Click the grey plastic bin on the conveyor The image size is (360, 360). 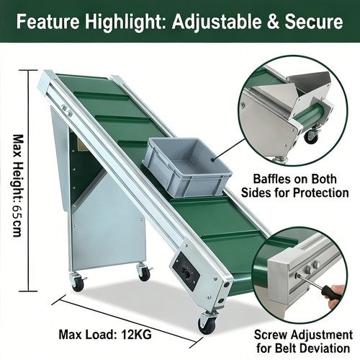click(x=187, y=167)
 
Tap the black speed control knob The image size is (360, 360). click(x=185, y=270)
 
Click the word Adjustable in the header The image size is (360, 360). click(x=216, y=22)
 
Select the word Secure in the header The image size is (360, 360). click(x=314, y=21)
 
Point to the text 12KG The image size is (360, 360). click(x=136, y=334)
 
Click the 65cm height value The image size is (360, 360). click(x=18, y=221)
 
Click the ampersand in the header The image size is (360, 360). click(x=273, y=22)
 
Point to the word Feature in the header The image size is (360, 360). click(x=48, y=22)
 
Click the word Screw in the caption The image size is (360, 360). click(x=271, y=335)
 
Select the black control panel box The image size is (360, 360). click(x=186, y=271)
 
